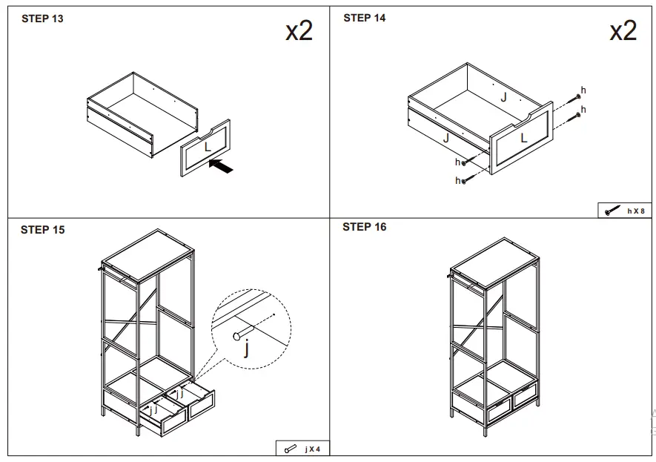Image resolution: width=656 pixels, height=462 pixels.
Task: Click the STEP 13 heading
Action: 42,19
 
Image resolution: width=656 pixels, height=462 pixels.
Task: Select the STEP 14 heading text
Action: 365,18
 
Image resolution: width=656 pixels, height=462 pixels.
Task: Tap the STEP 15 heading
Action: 42,230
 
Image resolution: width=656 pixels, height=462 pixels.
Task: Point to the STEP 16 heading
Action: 365,227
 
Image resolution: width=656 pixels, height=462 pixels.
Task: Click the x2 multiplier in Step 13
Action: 299,31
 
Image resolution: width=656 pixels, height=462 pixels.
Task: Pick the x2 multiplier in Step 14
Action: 623,31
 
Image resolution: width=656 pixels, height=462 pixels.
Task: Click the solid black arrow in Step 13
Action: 222,167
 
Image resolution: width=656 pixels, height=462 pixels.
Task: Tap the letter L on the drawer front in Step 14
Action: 524,137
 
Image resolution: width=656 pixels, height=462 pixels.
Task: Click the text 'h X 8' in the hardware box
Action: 636,211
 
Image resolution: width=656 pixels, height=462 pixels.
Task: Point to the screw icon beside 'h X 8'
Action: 612,211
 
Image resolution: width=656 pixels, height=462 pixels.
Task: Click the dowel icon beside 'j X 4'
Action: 290,449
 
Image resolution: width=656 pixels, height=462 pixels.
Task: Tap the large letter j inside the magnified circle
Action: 247,348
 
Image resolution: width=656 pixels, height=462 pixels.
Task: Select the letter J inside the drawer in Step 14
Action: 503,96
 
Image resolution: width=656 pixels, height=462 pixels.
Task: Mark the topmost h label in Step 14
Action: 583,90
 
